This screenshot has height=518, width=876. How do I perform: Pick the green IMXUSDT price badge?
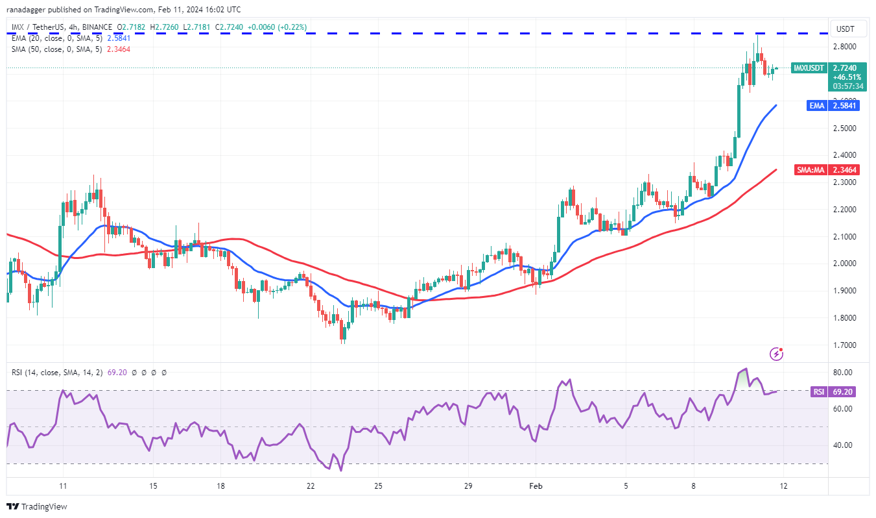point(810,68)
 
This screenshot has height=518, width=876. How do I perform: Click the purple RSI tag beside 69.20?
point(819,391)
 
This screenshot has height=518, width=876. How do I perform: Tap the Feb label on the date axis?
point(536,486)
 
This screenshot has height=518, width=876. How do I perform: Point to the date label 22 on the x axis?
point(311,486)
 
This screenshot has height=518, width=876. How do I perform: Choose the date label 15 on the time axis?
point(152,486)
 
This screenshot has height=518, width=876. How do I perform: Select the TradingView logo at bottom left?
point(37,506)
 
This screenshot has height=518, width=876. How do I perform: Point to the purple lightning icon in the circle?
point(775,354)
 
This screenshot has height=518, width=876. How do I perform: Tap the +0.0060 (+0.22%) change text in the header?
point(278,28)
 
